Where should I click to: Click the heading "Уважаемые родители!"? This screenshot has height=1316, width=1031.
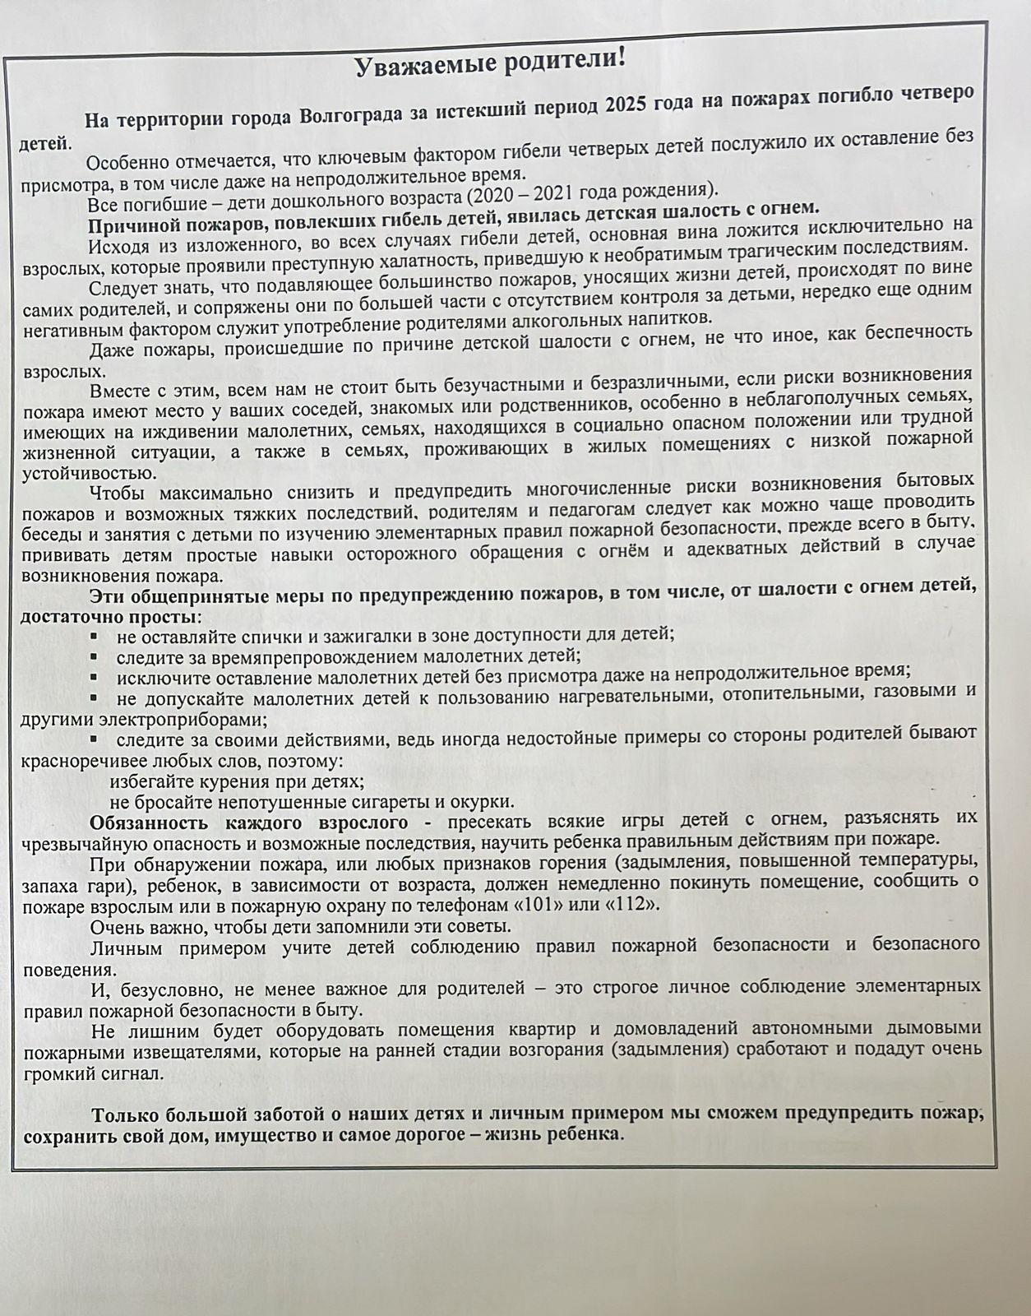pyautogui.click(x=490, y=63)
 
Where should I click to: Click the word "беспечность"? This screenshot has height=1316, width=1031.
pyautogui.click(x=918, y=331)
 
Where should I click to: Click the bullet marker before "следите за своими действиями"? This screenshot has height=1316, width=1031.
pyautogui.click(x=95, y=738)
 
